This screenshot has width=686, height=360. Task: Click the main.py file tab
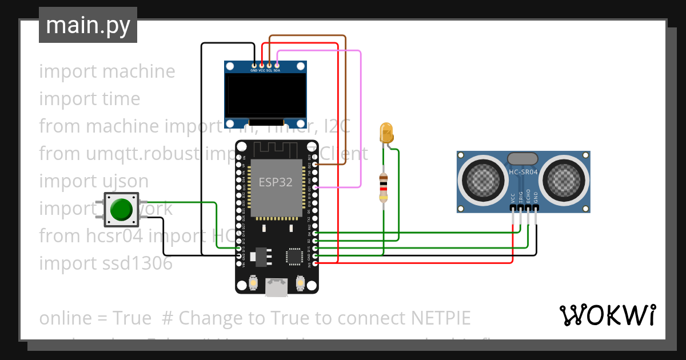[87, 25]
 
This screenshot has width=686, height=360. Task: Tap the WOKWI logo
[607, 315]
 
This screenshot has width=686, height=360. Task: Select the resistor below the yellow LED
[383, 188]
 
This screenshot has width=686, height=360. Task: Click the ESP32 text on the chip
[276, 182]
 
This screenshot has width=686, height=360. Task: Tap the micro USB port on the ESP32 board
[277, 287]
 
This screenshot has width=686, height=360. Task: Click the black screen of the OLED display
[265, 95]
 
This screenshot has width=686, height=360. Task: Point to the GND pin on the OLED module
[254, 66]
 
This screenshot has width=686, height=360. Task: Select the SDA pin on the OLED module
[277, 66]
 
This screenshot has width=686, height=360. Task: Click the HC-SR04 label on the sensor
[523, 171]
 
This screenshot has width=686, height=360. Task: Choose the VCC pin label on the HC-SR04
[513, 198]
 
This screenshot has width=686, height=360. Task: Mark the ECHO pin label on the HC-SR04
[528, 196]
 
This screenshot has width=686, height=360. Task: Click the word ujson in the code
[123, 181]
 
